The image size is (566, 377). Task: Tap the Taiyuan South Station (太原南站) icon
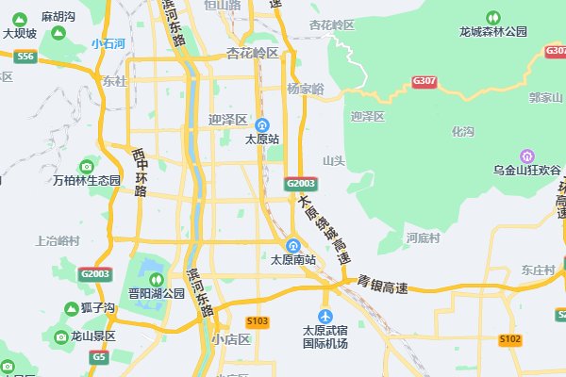(x=293, y=245)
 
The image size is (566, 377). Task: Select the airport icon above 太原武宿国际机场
(x=325, y=316)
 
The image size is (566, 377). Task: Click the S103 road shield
(x=258, y=321)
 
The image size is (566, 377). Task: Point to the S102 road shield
(x=510, y=338)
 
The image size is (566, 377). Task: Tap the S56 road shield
(x=25, y=57)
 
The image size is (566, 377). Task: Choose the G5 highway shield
(x=98, y=357)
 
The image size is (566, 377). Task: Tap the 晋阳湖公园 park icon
(x=156, y=279)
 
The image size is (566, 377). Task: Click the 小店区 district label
(x=231, y=339)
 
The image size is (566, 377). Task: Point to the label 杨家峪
(x=306, y=89)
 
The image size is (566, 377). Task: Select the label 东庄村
(x=538, y=270)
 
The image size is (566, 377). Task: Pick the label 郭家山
(x=545, y=97)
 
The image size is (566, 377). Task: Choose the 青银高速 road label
(x=382, y=281)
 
